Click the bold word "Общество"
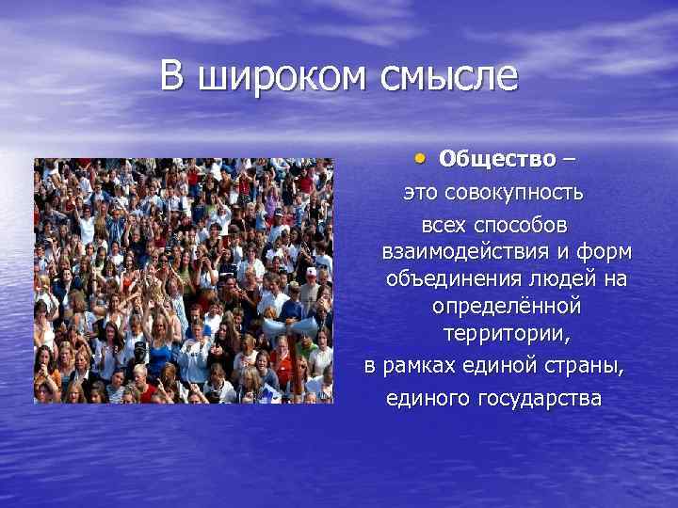click(x=497, y=158)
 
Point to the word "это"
click(x=422, y=193)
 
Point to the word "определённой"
click(x=507, y=308)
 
